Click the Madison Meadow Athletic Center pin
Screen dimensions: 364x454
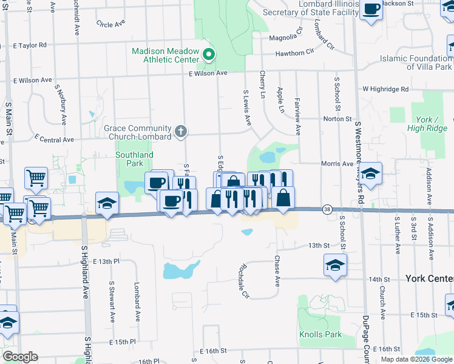click(x=208, y=55)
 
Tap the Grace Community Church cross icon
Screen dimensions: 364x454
click(x=181, y=131)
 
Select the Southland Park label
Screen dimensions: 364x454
click(x=134, y=159)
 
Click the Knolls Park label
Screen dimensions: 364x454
click(x=320, y=334)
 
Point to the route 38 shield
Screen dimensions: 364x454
click(x=327, y=209)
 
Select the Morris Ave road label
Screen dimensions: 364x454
click(x=337, y=164)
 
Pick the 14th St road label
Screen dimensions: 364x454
click(x=378, y=279)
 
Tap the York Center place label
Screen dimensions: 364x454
click(x=429, y=278)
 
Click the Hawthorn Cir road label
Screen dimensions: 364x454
click(x=298, y=53)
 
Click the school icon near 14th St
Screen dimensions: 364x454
click(x=334, y=265)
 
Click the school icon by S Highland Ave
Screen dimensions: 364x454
click(x=107, y=203)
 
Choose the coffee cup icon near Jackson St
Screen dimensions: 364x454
click(x=371, y=8)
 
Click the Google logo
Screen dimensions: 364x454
click(x=20, y=357)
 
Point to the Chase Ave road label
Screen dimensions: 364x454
click(x=277, y=271)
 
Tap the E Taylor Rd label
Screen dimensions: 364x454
click(x=29, y=45)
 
